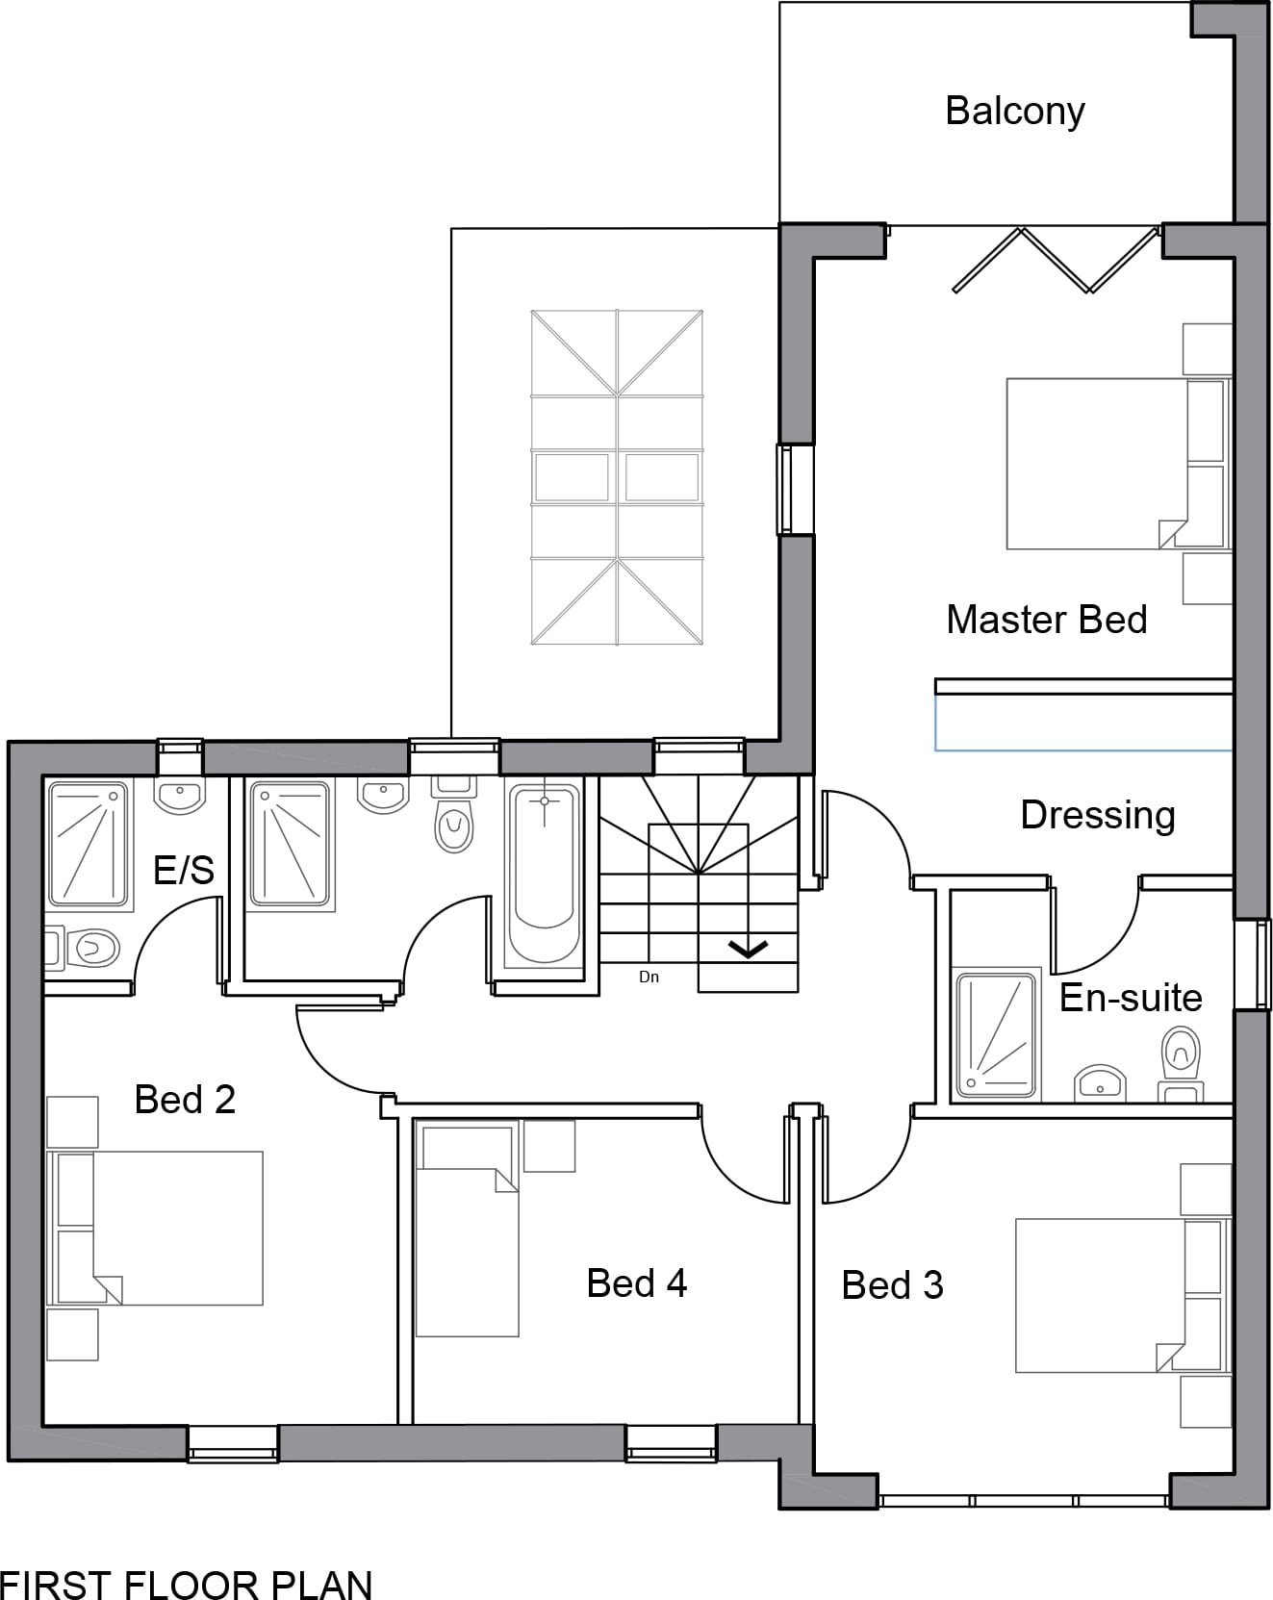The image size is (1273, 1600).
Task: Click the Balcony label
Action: tap(1015, 111)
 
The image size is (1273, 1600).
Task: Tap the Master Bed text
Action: tap(1047, 620)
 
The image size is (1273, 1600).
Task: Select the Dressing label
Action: tap(1098, 815)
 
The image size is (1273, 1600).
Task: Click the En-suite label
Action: tap(1131, 998)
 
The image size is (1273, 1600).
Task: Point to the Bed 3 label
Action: tap(892, 1285)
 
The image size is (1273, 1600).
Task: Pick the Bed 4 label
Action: tap(637, 1283)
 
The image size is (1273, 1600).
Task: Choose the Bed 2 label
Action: tap(185, 1100)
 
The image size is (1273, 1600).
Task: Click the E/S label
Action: tap(184, 870)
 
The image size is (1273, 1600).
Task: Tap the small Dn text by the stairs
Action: tap(649, 977)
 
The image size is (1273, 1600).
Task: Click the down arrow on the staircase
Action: tap(749, 950)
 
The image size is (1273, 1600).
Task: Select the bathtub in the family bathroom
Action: tap(544, 875)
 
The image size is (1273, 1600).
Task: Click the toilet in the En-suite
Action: tap(1181, 1063)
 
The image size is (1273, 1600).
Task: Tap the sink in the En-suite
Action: tap(1100, 1082)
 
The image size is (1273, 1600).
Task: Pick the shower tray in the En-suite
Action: tap(996, 1033)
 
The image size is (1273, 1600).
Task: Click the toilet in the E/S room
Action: tap(83, 948)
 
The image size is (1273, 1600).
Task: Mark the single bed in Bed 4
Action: tap(468, 1229)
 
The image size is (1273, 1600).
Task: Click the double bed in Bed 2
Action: tap(156, 1229)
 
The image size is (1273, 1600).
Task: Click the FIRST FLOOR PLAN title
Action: tap(187, 1583)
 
